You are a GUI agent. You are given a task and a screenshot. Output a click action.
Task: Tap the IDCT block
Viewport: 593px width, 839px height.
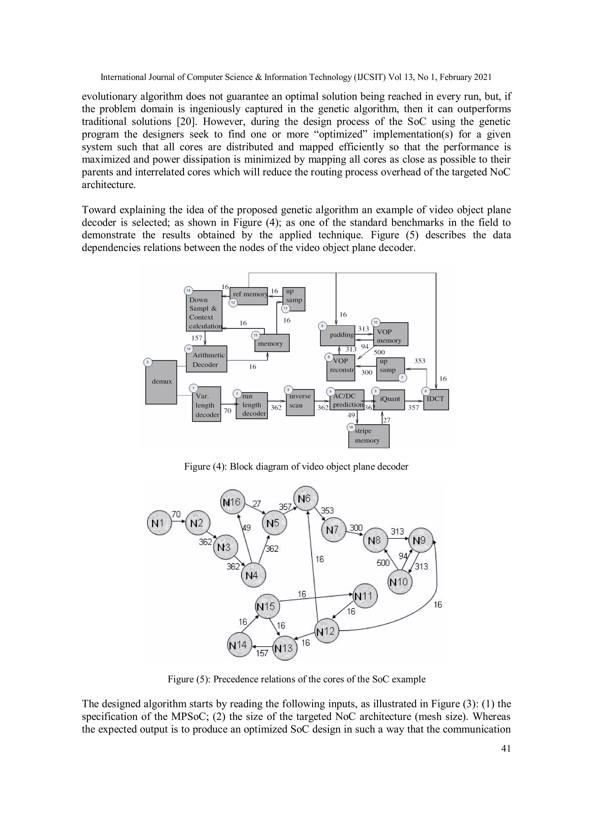[x=436, y=399]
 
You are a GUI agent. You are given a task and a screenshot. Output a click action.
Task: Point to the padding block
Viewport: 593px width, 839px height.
[x=337, y=335]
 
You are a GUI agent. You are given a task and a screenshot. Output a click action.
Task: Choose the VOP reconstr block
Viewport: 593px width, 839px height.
[x=341, y=368]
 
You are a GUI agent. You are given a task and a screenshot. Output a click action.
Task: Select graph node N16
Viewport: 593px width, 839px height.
[x=233, y=502]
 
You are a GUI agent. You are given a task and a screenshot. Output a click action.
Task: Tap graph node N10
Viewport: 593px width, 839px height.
[x=399, y=582]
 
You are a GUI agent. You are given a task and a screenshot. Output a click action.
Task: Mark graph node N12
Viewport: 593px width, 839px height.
[x=326, y=631]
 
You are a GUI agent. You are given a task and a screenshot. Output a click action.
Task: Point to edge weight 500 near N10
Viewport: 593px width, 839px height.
[x=383, y=563]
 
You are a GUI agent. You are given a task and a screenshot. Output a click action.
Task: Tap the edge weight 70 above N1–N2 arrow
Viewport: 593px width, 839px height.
[x=176, y=515]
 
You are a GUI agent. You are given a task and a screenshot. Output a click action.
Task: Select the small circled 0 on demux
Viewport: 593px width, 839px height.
[x=148, y=362]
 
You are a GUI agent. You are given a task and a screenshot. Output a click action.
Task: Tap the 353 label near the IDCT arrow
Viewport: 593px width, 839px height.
[x=420, y=361]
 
